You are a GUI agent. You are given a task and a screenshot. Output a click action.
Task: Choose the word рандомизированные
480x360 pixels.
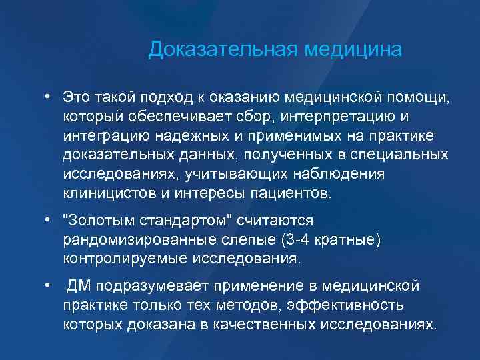(x=131, y=239)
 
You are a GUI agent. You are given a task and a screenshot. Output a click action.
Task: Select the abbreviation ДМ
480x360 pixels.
(x=80, y=286)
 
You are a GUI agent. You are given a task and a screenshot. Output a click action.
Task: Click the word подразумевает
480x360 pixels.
(x=153, y=286)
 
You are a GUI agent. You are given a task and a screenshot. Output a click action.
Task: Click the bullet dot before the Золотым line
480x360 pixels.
(x=49, y=220)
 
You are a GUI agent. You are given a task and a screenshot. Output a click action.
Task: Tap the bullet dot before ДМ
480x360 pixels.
(x=49, y=286)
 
